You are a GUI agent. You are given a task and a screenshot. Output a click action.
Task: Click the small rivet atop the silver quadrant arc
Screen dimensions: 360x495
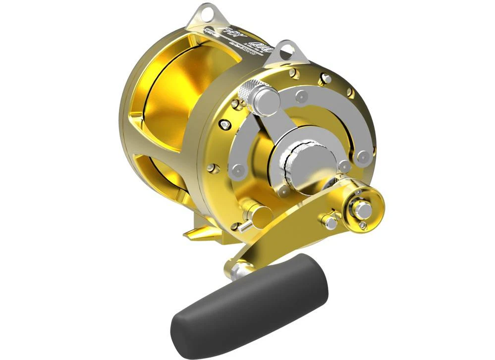tap(300, 94)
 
